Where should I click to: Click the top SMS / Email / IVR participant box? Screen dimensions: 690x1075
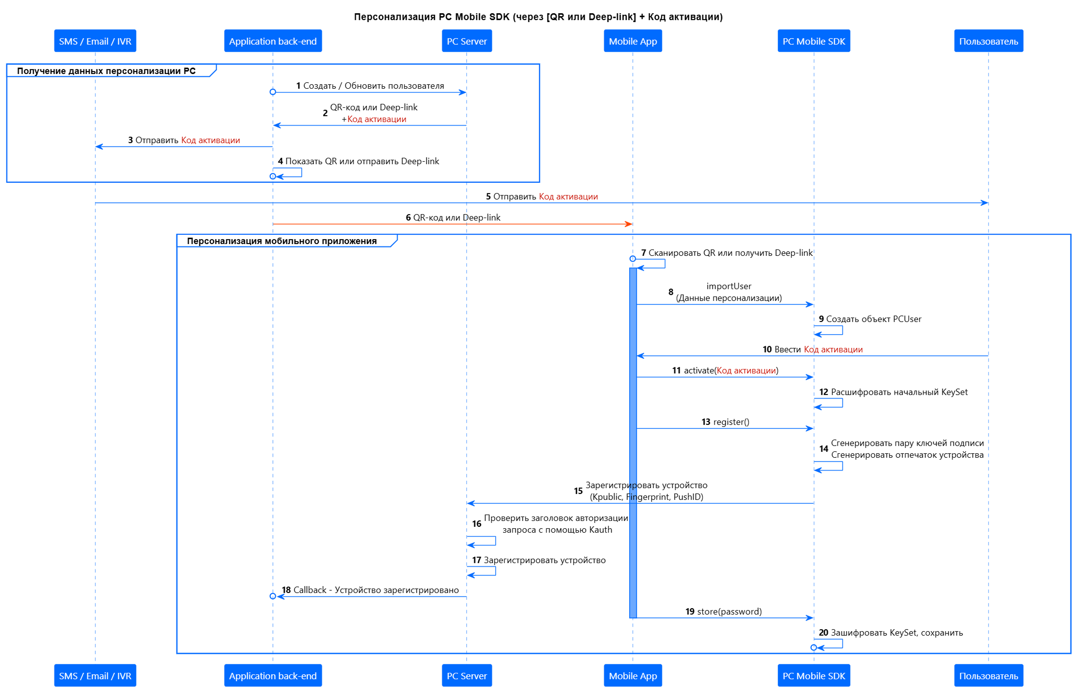point(95,41)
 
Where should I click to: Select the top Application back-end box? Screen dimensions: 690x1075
point(273,41)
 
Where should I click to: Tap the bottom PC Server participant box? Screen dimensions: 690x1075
point(466,676)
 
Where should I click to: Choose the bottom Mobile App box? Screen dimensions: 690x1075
point(633,676)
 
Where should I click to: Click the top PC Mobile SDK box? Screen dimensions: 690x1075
point(814,41)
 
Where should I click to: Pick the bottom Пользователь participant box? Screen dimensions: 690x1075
point(988,676)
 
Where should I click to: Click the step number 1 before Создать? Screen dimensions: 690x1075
point(298,86)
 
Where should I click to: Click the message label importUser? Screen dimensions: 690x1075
point(729,286)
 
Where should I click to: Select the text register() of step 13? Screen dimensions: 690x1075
point(731,422)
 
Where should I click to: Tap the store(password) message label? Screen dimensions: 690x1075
point(729,612)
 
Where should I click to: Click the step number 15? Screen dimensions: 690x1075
point(578,491)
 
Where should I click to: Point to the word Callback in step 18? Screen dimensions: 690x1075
point(310,590)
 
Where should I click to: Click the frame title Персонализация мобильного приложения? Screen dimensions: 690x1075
point(282,241)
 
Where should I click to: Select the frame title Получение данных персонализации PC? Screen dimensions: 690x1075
point(106,71)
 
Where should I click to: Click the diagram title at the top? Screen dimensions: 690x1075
point(538,17)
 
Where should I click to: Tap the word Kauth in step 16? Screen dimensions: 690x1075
point(601,530)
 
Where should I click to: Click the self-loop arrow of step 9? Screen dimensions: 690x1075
point(834,331)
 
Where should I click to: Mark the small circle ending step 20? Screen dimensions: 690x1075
point(814,647)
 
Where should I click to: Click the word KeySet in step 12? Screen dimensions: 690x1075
point(954,392)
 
